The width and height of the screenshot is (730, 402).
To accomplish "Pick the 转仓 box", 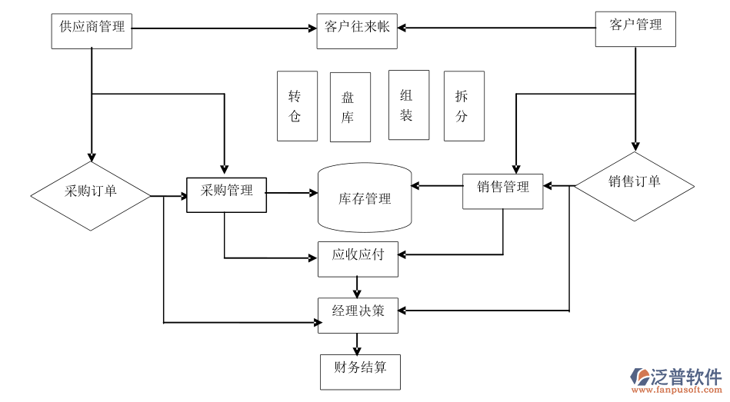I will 297,106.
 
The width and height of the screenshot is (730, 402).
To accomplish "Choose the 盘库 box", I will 350,107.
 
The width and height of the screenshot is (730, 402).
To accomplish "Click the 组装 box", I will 408,105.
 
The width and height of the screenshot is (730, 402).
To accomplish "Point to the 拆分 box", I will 464,106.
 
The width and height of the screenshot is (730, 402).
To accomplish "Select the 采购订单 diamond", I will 91,195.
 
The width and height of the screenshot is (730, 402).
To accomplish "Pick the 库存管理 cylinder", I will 365,198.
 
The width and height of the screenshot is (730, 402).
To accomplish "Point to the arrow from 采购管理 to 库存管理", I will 292,193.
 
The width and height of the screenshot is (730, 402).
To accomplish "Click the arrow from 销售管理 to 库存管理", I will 437,185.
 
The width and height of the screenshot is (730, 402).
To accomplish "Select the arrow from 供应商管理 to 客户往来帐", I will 223,29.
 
